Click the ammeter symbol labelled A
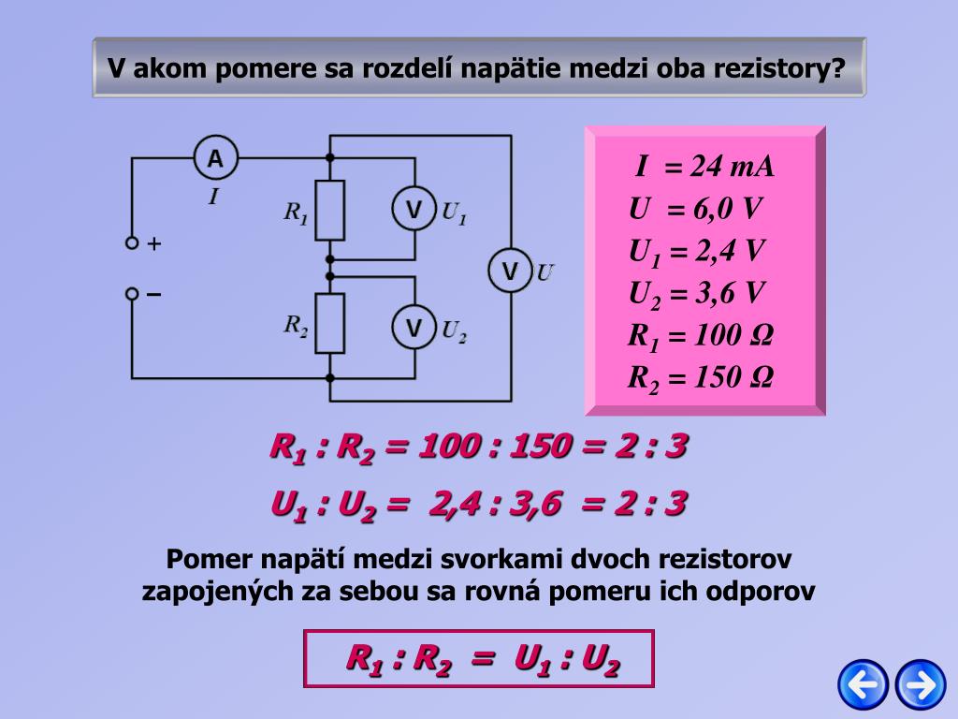[x=216, y=159]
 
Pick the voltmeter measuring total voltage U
[x=510, y=271]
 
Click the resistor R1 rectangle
[x=329, y=211]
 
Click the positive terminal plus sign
[x=154, y=244]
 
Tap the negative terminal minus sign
[x=154, y=294]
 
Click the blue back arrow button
[x=862, y=684]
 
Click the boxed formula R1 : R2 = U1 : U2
[x=479, y=659]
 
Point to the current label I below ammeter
[x=213, y=197]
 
